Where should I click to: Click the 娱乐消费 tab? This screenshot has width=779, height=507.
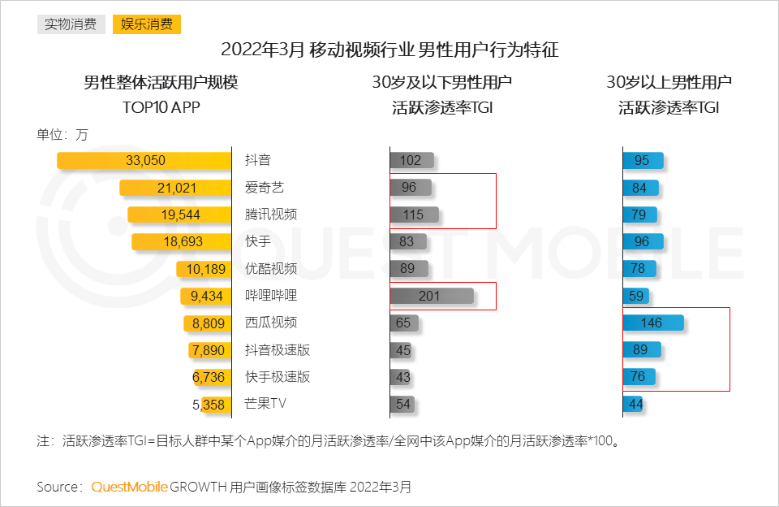[x=147, y=24]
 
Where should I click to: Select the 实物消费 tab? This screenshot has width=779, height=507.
[x=71, y=24]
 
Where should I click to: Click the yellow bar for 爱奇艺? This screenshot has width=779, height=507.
[x=174, y=188]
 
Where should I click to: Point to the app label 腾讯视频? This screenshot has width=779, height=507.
[x=271, y=214]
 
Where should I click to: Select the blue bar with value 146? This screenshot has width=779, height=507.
[x=653, y=323]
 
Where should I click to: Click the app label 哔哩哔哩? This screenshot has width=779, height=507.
[x=271, y=296]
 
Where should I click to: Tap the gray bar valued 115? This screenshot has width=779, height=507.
[x=414, y=214]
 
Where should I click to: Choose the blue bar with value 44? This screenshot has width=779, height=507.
[x=633, y=404]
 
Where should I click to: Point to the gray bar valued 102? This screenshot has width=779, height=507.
[x=411, y=160]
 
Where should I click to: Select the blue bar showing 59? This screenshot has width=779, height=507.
[x=635, y=296]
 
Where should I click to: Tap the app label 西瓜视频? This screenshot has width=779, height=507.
[x=271, y=323]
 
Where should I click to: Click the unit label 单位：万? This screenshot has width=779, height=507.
[x=62, y=135]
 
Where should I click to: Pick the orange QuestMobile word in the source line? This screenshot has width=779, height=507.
[x=129, y=487]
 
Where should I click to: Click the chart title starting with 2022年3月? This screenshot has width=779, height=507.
[x=389, y=50]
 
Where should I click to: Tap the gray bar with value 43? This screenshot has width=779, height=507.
[x=402, y=377]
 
